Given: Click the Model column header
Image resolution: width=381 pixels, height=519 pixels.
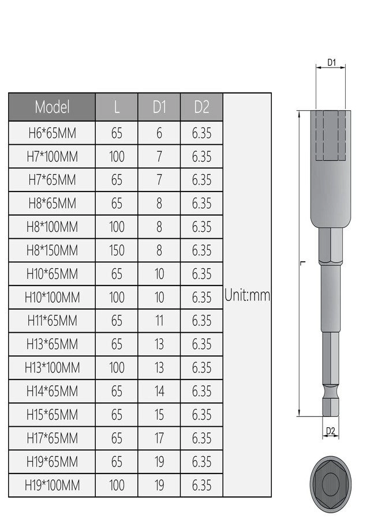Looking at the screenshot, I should point(52,107).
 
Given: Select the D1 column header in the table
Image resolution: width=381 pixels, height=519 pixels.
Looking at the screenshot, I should point(159,107).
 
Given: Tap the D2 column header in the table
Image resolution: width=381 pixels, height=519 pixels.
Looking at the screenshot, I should point(201,107).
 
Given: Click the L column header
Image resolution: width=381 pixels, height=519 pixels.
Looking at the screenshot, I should point(117,107).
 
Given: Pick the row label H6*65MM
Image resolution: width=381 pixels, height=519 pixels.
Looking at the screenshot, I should point(52,133).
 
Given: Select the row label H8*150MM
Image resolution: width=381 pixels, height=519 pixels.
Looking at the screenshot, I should point(52,250).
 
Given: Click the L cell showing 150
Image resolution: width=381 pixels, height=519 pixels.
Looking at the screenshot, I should point(117,250).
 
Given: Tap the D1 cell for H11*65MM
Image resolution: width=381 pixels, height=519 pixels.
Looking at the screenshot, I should point(159,321).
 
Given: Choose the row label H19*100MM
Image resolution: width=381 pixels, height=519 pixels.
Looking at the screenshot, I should point(52,485).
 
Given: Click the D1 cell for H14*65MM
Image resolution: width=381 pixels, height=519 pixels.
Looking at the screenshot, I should point(159,391).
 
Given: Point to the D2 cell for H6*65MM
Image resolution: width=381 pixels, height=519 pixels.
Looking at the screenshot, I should point(201,133).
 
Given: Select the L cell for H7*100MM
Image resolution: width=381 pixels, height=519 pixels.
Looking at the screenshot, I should point(117,157).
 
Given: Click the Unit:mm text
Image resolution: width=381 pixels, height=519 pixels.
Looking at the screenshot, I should point(247,296).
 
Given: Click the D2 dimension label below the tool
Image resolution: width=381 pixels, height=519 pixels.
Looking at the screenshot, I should point(331,431).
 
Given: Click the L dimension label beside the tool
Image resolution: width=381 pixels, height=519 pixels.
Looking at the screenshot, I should point(302,263).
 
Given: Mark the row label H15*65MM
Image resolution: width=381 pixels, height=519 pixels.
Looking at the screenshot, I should point(52,415).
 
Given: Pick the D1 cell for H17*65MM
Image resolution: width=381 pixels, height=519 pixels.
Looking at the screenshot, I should point(159,438).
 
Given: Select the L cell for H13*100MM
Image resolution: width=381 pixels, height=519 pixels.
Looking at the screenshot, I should point(117,367).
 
